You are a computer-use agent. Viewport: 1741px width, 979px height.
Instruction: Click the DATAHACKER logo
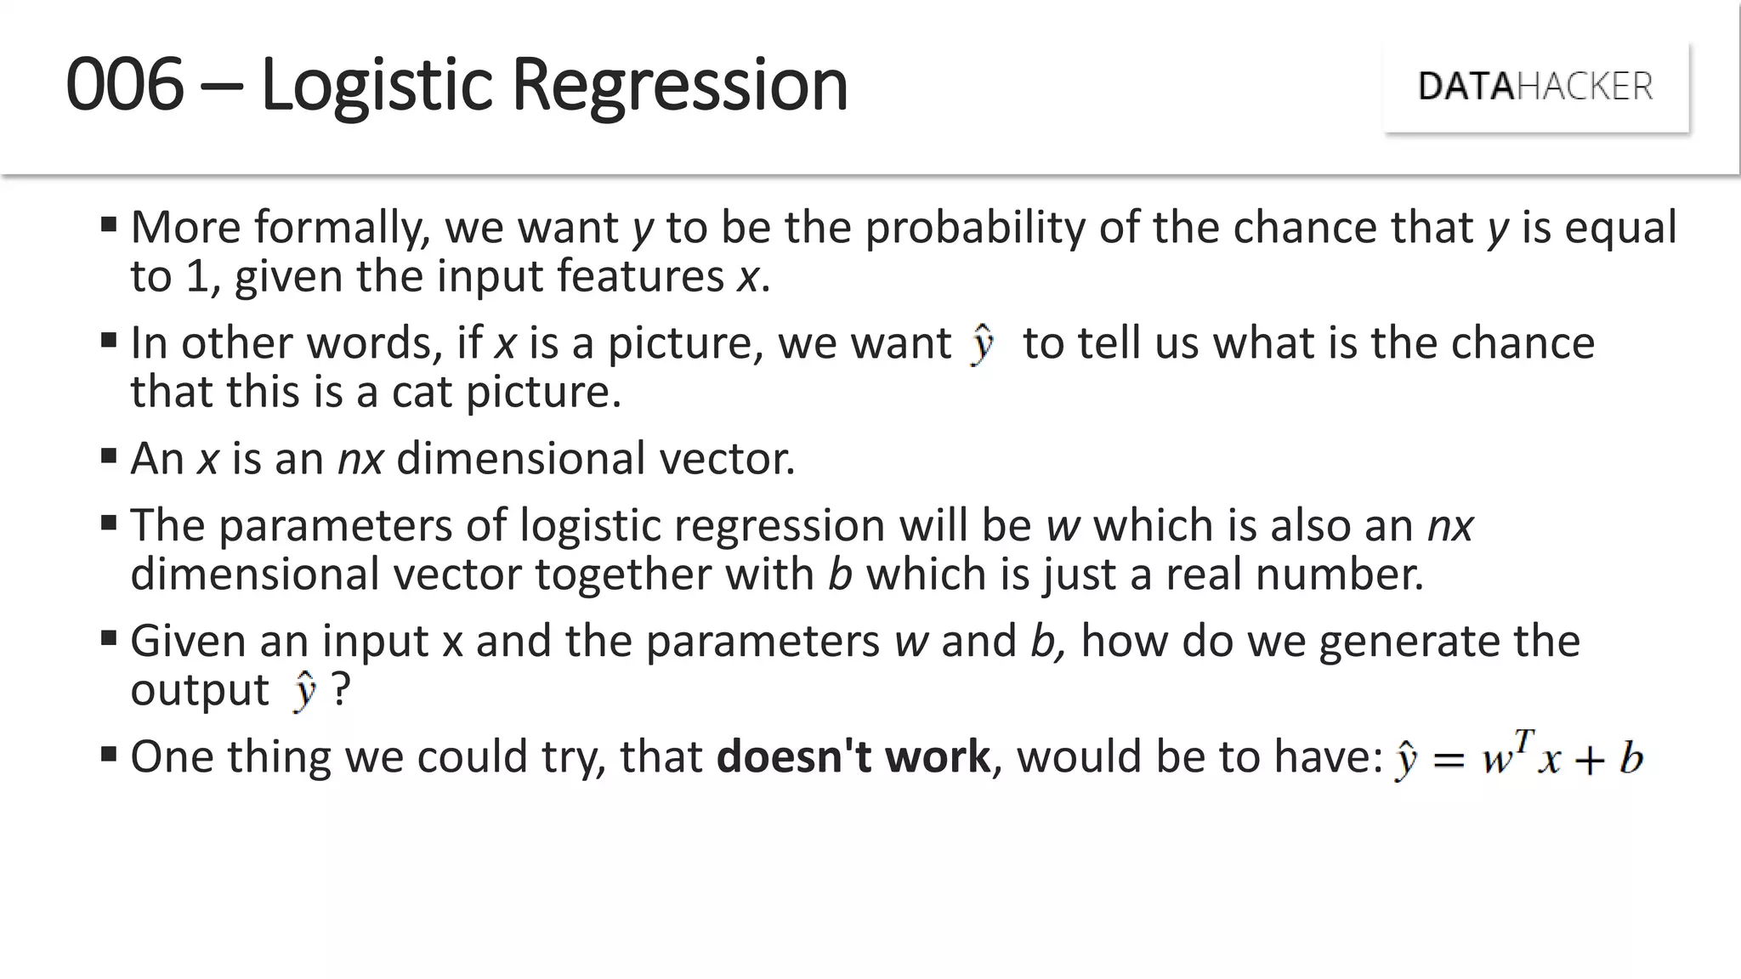click(1535, 87)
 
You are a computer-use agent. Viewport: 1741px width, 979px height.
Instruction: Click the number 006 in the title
click(125, 84)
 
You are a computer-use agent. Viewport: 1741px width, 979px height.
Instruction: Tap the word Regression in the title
click(680, 84)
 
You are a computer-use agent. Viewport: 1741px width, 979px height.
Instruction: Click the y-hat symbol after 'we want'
click(982, 344)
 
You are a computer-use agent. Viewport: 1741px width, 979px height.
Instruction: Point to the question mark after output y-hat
click(340, 689)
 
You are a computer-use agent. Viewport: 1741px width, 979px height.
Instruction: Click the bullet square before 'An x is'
click(108, 456)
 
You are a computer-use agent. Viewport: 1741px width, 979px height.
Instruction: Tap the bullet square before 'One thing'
click(108, 754)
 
